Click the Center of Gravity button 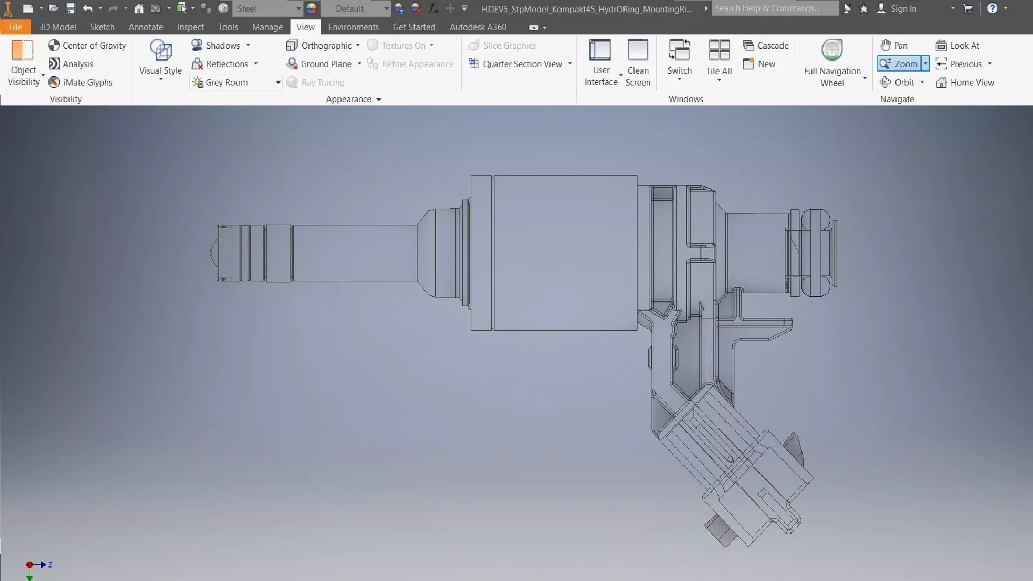87,46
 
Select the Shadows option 222,46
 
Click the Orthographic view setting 322,46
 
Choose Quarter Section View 520,64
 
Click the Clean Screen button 638,62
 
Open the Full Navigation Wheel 832,62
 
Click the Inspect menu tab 190,27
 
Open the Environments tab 353,27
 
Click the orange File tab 15,27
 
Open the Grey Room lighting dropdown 278,82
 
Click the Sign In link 902,9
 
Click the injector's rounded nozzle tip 213,253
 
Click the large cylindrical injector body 565,253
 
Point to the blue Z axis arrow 44,564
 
